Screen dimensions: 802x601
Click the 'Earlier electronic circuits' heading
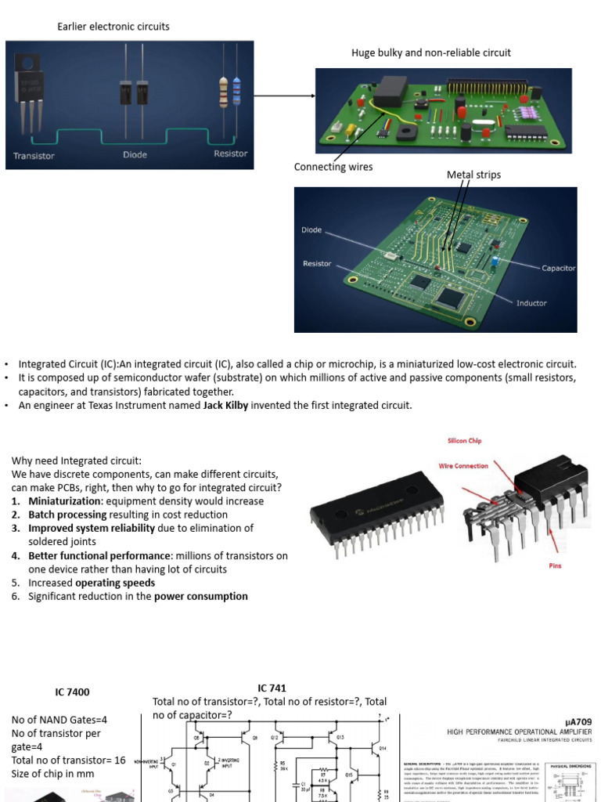click(x=113, y=27)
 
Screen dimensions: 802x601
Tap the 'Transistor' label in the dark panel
click(x=34, y=156)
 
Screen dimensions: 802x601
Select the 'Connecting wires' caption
click(x=333, y=167)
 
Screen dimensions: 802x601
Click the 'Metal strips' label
click(x=473, y=175)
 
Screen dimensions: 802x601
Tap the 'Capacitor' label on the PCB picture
click(x=558, y=268)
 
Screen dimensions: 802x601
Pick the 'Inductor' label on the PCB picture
click(x=531, y=303)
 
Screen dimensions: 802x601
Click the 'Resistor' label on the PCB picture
click(x=317, y=264)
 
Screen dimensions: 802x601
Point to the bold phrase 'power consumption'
click(x=200, y=596)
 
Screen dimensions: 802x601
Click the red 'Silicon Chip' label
click(x=465, y=441)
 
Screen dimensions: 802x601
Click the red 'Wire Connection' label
click(x=463, y=466)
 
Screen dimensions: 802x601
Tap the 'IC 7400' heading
click(x=72, y=692)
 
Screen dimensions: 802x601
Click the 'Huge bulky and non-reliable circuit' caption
click(x=431, y=52)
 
